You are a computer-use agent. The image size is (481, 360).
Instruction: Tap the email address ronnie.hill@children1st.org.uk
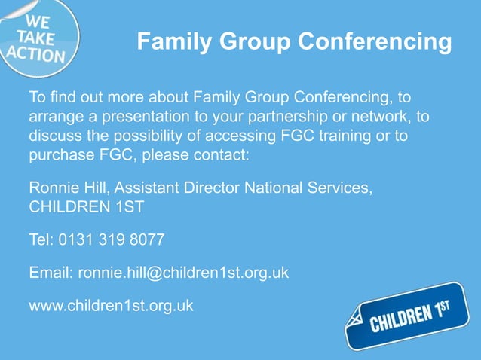click(183, 273)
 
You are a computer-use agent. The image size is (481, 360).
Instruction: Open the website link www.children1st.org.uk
click(112, 305)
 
